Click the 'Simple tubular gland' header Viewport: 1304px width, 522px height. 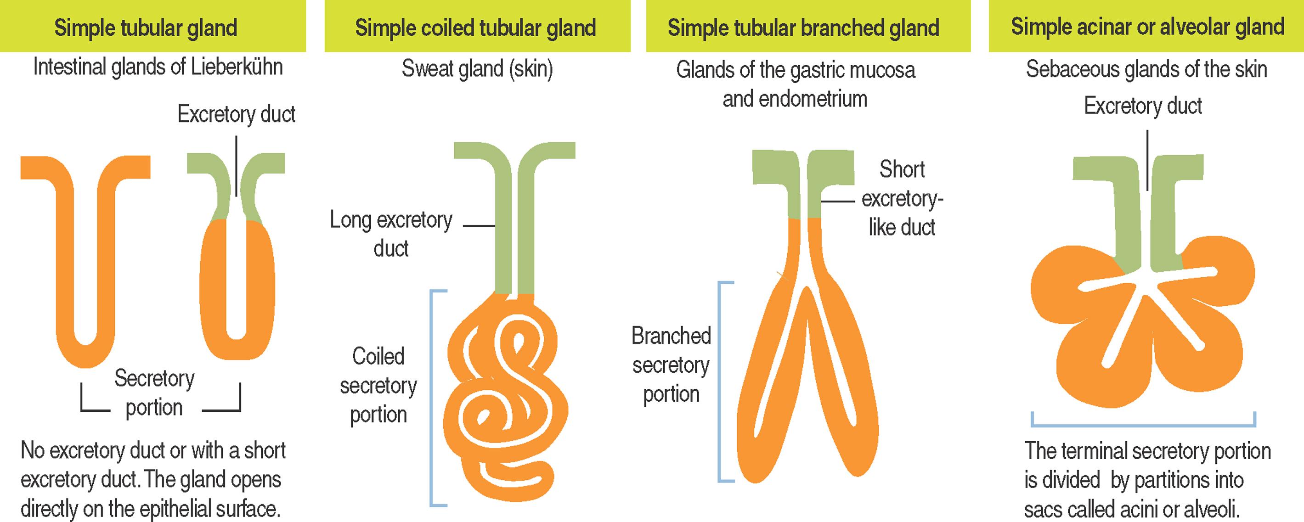coord(146,27)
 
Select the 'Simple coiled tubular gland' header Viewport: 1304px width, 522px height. coord(475,27)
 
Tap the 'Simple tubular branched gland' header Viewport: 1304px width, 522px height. coord(803,27)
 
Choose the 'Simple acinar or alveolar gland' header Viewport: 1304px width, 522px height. coord(1147,26)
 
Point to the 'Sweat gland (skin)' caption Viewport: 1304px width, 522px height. coord(477,69)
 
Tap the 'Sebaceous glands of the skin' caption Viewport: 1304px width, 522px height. coord(1146,69)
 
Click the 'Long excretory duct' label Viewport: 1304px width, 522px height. coord(391,234)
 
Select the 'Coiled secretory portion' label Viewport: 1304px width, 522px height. coord(378,386)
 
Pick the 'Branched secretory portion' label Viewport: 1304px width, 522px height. coord(671,365)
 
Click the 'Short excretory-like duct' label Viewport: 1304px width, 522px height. coord(902,198)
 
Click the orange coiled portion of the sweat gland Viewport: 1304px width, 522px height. coord(506,404)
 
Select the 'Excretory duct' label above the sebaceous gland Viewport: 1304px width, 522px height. coord(1142,106)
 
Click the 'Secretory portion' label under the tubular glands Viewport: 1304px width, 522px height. coord(154,393)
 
